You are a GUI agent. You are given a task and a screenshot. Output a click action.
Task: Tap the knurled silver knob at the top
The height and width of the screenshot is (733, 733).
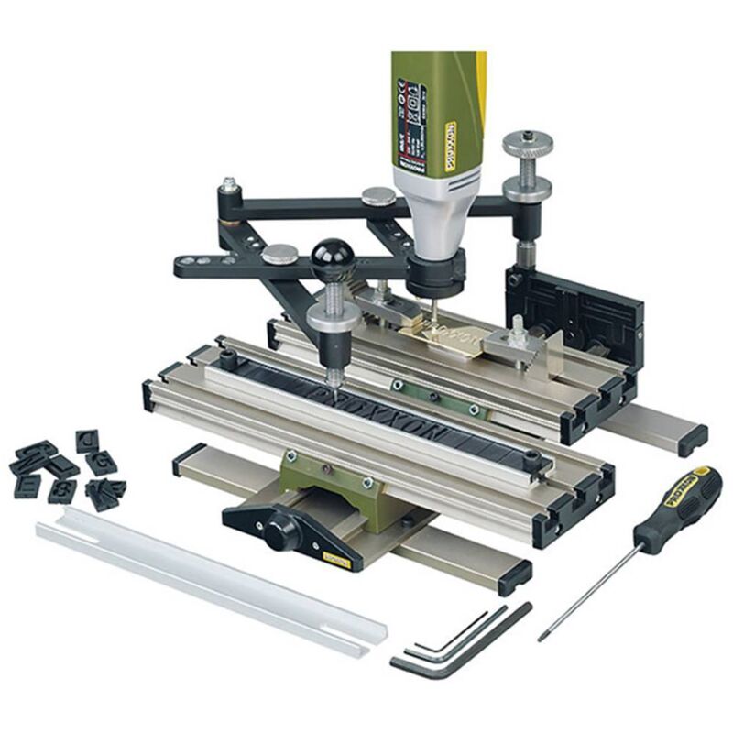pyautogui.click(x=528, y=144)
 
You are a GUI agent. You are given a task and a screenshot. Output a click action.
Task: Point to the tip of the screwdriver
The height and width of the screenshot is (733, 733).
pyautogui.click(x=542, y=636)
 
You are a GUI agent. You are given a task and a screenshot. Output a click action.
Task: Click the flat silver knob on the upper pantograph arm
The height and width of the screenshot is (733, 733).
pyautogui.click(x=378, y=195)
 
